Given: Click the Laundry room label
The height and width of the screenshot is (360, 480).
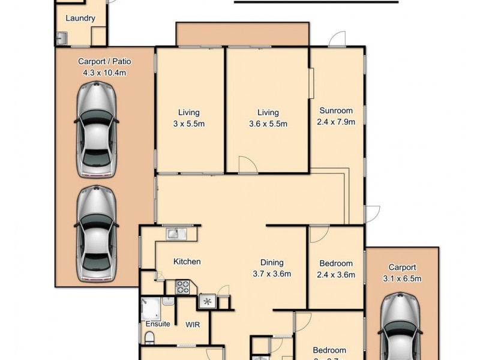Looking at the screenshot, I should (80, 18).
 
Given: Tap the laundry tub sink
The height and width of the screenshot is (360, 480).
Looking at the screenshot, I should (61, 38).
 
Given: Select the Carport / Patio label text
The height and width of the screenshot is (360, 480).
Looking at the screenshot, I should (104, 61).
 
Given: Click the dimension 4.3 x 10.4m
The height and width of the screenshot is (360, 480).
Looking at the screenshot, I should (104, 73).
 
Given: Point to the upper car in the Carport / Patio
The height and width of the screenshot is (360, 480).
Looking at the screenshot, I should (97, 130).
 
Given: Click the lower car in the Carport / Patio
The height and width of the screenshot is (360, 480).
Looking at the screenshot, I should (96, 233).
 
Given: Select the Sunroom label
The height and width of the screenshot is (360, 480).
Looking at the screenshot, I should (335, 110).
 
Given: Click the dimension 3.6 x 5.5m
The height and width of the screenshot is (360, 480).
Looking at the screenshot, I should (268, 124).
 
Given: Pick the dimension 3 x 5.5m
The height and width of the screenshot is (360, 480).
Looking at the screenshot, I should (188, 124).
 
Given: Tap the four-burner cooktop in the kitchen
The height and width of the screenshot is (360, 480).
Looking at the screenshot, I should (182, 287).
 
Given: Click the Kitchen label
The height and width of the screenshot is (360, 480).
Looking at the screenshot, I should (187, 262).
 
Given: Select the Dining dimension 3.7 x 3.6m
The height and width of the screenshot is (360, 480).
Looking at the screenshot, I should (271, 274).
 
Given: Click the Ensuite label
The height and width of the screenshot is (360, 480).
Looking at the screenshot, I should (158, 324).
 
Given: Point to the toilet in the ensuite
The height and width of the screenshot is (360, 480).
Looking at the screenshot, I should (150, 340).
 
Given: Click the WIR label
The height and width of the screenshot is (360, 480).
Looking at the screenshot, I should (193, 325).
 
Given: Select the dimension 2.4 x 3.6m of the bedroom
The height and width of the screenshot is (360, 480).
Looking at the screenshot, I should (335, 275).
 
